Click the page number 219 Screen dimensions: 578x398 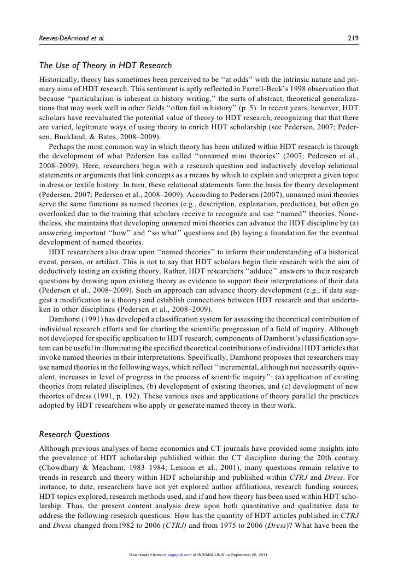point(353,39)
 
